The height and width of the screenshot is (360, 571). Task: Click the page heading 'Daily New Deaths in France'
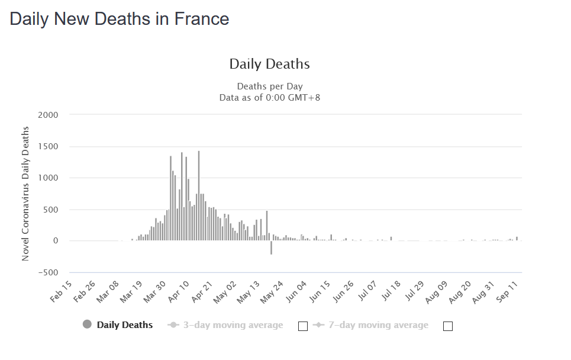tap(120, 19)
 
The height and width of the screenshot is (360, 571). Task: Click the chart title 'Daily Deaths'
tap(269, 64)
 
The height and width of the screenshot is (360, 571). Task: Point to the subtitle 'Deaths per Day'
tap(269, 86)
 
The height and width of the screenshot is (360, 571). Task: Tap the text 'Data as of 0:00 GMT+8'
tap(269, 98)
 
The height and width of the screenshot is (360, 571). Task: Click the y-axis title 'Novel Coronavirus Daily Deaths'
tap(25, 194)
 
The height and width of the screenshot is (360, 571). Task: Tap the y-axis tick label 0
tap(55, 241)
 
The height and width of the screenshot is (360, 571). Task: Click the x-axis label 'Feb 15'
tap(62, 291)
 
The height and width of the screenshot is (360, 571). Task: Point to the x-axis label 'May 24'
tap(270, 291)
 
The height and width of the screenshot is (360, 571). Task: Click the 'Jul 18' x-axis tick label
tap(386, 291)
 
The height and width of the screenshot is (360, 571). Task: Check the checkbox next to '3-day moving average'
tap(303, 326)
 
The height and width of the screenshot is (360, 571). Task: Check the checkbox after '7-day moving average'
tap(447, 326)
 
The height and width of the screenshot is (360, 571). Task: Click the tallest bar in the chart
tap(199, 195)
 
